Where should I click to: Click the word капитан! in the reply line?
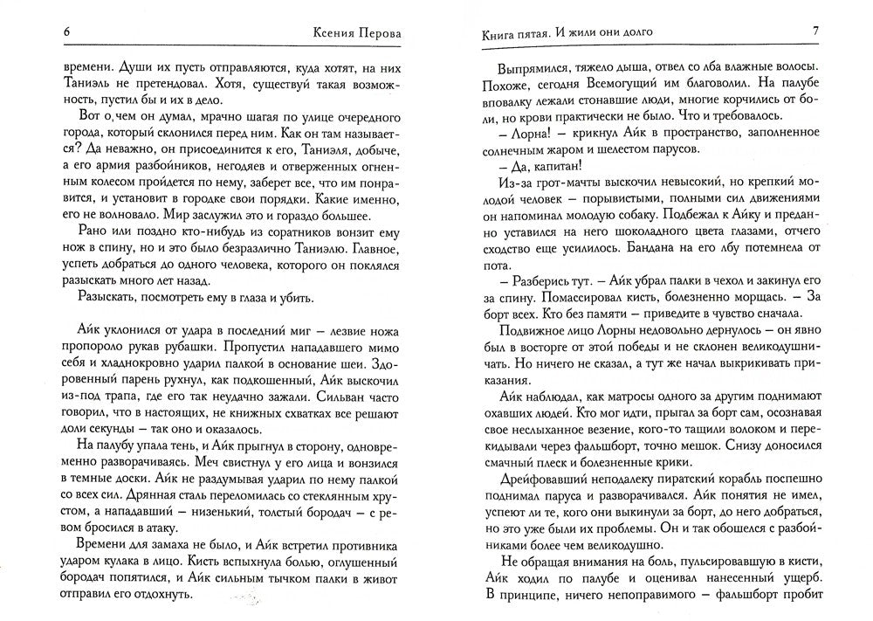tap(552, 167)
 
